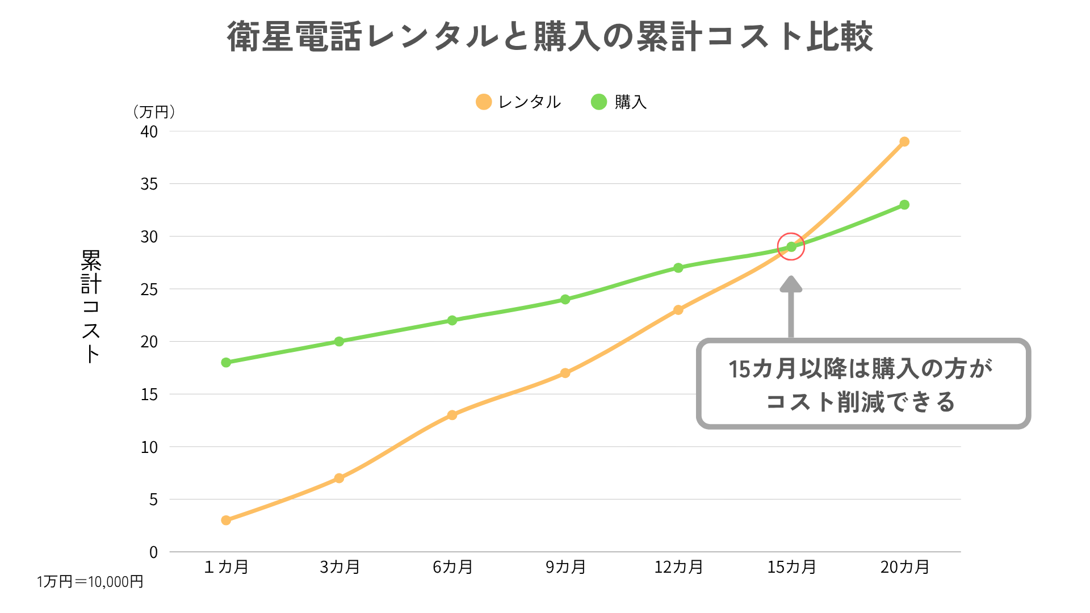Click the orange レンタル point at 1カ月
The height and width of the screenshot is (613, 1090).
(x=226, y=520)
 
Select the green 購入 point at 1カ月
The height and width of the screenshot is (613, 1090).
(x=226, y=362)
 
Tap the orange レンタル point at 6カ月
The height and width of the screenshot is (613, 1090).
(x=452, y=415)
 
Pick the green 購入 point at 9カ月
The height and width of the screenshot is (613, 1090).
(x=565, y=299)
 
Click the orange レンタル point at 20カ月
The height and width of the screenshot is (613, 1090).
(x=904, y=141)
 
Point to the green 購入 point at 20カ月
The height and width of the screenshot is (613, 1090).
(x=904, y=204)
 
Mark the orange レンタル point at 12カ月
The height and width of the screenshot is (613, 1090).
(x=678, y=310)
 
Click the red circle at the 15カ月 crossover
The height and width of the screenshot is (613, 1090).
(x=791, y=246)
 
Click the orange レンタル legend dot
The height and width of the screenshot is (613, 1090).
(x=484, y=102)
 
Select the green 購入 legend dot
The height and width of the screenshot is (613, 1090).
(x=599, y=102)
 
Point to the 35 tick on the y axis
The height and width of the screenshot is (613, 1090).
(x=149, y=184)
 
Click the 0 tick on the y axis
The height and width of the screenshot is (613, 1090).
(x=153, y=552)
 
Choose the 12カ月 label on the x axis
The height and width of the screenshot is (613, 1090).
(x=678, y=567)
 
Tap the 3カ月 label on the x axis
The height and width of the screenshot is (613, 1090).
(x=339, y=567)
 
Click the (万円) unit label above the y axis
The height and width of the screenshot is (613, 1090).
(x=154, y=112)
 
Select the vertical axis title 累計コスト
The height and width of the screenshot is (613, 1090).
(x=91, y=306)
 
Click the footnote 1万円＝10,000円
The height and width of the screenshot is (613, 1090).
(x=90, y=582)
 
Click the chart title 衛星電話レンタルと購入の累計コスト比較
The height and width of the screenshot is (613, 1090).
(x=550, y=37)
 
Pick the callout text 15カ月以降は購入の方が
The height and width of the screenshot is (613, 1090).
(x=861, y=369)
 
